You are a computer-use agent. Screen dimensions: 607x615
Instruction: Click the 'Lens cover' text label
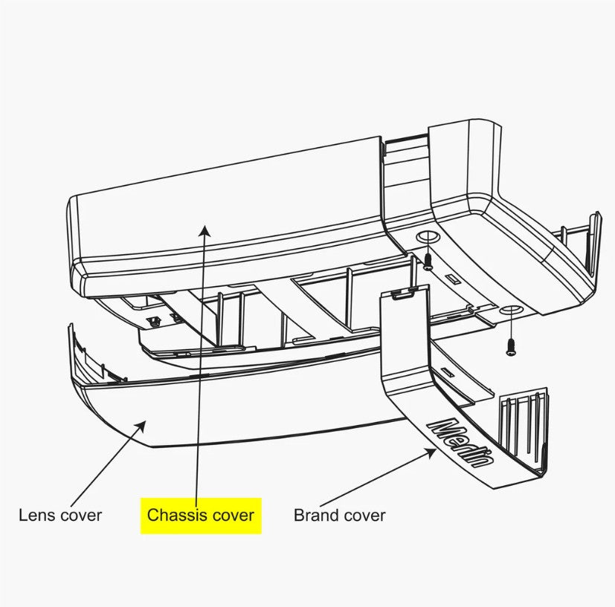pyautogui.click(x=59, y=515)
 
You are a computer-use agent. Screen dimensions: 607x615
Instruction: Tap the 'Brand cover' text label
pyautogui.click(x=340, y=515)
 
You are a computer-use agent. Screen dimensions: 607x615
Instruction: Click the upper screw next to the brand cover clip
pyautogui.click(x=428, y=260)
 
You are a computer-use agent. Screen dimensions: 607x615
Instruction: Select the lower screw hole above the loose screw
pyautogui.click(x=511, y=309)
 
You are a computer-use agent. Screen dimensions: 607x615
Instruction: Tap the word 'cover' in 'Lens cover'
pyautogui.click(x=81, y=515)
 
